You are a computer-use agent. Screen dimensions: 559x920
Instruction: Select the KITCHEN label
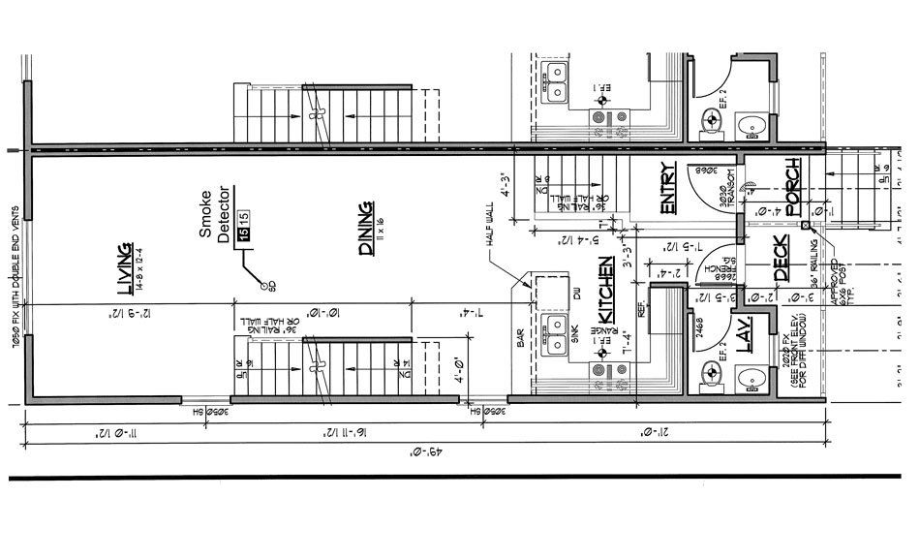coord(606,291)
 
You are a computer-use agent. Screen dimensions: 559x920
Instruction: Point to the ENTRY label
coord(668,188)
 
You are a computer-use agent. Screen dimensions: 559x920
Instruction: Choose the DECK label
coord(782,260)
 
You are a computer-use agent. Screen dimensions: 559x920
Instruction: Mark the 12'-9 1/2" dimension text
coord(125,311)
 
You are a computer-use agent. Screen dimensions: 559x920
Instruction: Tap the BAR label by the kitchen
coord(520,338)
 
